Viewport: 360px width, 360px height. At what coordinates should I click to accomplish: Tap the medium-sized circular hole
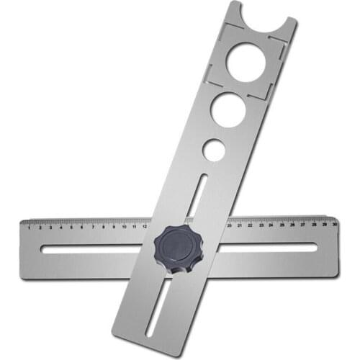(x=228, y=110)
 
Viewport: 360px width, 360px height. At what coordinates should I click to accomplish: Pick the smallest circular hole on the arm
(x=212, y=150)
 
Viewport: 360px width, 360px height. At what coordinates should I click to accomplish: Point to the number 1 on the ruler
(x=30, y=228)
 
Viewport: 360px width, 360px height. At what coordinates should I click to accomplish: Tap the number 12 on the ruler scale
(x=145, y=226)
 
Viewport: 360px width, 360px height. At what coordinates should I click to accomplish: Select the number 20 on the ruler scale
(x=229, y=225)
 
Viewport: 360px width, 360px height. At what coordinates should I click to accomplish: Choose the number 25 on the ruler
(x=282, y=225)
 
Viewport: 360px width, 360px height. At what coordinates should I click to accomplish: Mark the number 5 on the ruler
(x=71, y=228)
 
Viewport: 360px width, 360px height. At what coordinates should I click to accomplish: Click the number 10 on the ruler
(x=124, y=227)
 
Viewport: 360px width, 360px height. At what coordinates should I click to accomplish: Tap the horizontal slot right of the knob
(x=266, y=248)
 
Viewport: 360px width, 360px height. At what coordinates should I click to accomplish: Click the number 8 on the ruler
(x=103, y=227)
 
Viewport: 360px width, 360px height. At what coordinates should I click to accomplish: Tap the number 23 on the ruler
(x=261, y=225)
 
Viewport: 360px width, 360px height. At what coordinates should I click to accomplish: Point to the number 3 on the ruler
(x=50, y=228)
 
